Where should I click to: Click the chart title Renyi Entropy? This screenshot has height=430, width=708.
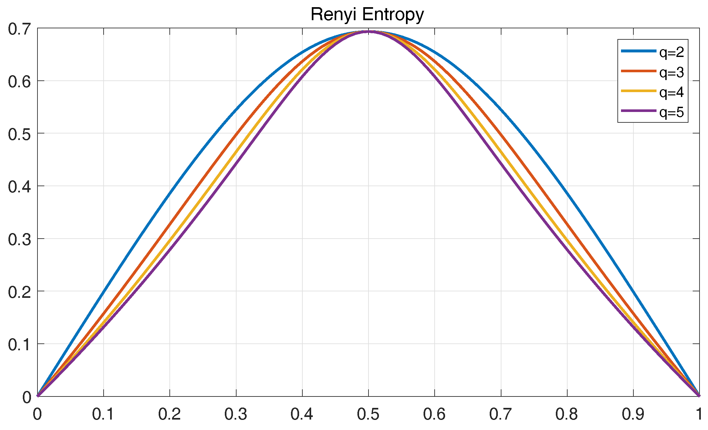(367, 15)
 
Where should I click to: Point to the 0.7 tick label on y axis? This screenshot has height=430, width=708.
(19, 29)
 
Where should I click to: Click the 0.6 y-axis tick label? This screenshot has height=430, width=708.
(19, 82)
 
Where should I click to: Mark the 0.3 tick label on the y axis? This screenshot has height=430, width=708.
(19, 240)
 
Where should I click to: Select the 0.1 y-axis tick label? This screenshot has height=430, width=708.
(19, 345)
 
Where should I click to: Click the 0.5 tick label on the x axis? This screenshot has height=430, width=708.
(368, 414)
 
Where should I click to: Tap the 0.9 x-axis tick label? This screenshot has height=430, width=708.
(633, 414)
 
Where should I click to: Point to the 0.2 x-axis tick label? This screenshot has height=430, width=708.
(169, 414)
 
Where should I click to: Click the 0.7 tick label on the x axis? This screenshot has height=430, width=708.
(501, 414)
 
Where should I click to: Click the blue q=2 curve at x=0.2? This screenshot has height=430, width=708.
(170, 193)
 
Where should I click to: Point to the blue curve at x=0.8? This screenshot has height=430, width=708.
(567, 193)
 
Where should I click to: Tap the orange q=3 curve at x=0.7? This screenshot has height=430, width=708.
(501, 135)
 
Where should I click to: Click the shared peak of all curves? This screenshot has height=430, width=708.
(368, 32)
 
